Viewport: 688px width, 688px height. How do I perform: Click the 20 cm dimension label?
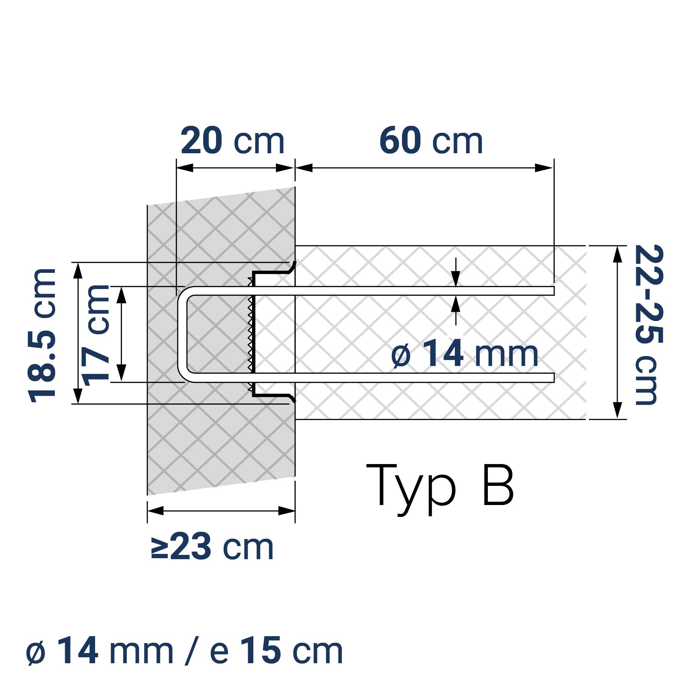pyautogui.click(x=232, y=141)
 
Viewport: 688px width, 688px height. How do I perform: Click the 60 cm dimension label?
pyautogui.click(x=431, y=141)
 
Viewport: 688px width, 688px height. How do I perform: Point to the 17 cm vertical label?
pyautogui.click(x=95, y=336)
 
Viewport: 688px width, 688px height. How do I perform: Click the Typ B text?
pyautogui.click(x=440, y=486)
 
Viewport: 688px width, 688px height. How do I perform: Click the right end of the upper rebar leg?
pyautogui.click(x=553, y=291)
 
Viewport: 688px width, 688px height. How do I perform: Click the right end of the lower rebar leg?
pyautogui.click(x=553, y=378)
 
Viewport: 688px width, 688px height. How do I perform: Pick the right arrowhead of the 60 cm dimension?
pyautogui.click(x=544, y=168)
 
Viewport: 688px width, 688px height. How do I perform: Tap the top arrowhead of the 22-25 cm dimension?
pyautogui.click(x=618, y=254)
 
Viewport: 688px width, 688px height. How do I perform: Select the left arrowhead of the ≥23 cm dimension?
pyautogui.click(x=155, y=511)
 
